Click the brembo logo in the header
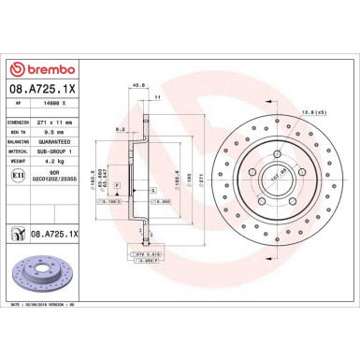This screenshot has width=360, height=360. [x=49, y=69]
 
